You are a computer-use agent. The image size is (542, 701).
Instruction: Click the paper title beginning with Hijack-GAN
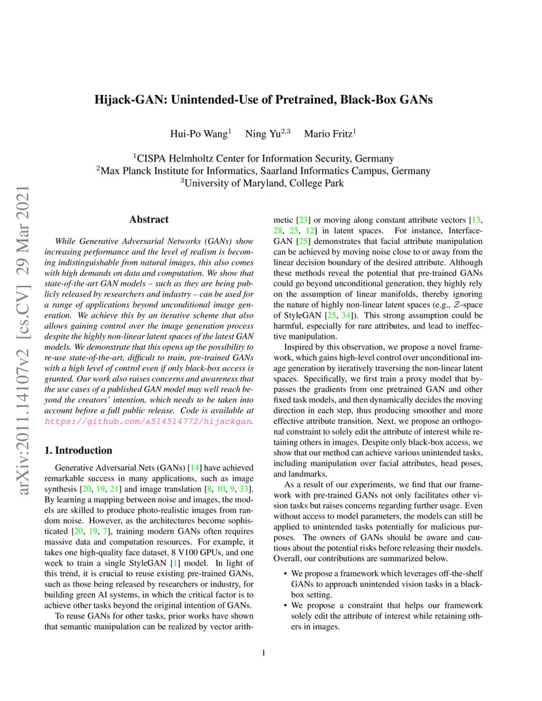click(x=263, y=100)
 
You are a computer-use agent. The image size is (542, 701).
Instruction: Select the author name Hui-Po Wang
click(x=198, y=134)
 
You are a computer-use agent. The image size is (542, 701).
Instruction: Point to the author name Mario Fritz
click(x=328, y=134)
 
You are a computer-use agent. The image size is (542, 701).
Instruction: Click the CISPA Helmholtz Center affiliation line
click(x=263, y=158)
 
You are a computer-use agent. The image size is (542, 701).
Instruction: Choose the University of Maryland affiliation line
click(x=263, y=183)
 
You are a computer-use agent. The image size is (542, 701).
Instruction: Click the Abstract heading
click(x=149, y=220)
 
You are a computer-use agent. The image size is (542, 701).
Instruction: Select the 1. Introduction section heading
click(x=77, y=451)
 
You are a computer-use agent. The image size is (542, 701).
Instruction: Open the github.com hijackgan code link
click(x=147, y=422)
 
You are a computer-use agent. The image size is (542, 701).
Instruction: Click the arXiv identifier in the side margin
click(x=24, y=340)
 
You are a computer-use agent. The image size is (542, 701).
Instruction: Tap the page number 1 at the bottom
click(x=263, y=652)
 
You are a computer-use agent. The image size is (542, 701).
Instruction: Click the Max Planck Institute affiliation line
click(x=263, y=171)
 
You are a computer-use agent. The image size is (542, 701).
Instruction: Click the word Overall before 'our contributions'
click(x=289, y=558)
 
